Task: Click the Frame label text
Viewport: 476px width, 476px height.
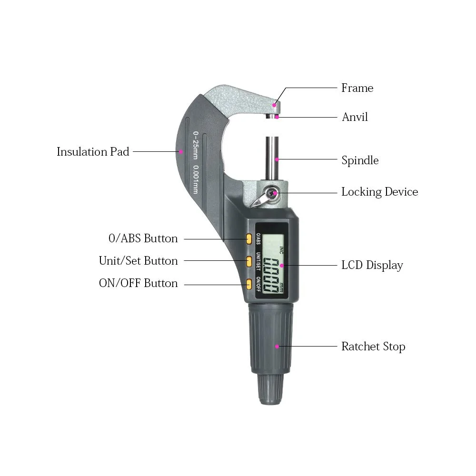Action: tap(357, 88)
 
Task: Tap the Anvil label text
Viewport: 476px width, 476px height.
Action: tap(355, 117)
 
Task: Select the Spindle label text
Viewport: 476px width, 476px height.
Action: tap(360, 160)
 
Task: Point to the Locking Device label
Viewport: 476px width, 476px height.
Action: tap(380, 192)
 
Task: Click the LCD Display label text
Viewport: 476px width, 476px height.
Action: tap(372, 265)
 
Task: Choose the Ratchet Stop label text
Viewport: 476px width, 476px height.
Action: tap(373, 347)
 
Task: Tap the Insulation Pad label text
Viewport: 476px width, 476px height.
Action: tap(93, 151)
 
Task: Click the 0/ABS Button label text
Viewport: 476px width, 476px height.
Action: tap(143, 238)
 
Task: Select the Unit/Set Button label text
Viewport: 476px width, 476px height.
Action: tap(139, 261)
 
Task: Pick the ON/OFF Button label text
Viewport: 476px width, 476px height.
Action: tap(139, 283)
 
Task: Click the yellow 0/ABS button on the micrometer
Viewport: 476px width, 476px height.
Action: tap(249, 239)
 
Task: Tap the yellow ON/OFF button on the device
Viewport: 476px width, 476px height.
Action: tap(249, 284)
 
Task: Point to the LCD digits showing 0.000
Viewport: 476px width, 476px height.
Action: tap(270, 275)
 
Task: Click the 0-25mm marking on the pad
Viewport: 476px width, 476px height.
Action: tap(196, 145)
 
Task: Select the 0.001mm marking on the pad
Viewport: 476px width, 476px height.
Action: tap(196, 179)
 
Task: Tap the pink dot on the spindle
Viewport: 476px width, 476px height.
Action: tap(277, 159)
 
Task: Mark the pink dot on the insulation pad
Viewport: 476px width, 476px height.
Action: tap(181, 151)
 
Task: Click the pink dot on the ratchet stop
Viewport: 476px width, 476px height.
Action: tap(277, 347)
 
